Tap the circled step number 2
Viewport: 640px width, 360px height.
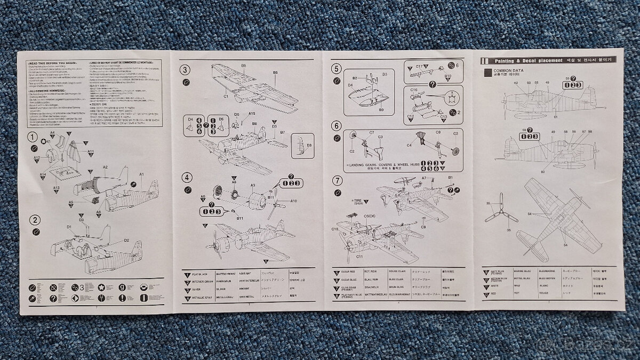(34, 219)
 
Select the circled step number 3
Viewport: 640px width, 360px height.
(185, 69)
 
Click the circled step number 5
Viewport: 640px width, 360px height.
(335, 68)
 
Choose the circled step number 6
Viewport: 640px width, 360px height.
(335, 126)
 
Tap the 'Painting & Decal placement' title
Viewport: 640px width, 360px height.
(529, 61)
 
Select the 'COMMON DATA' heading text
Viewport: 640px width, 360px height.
(509, 70)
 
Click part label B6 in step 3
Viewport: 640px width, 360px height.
(275, 72)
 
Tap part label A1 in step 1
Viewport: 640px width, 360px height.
(141, 174)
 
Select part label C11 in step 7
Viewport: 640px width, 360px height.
(359, 257)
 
